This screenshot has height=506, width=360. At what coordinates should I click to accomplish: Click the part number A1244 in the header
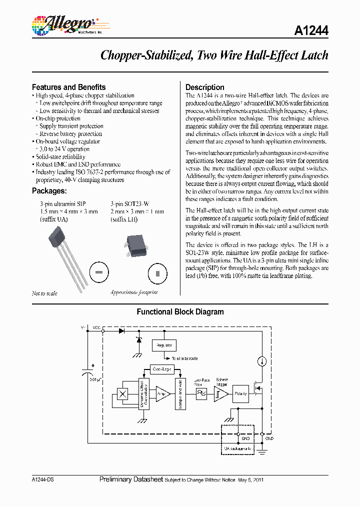tap(311, 30)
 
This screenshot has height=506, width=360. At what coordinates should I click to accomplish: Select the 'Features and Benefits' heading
tap(68, 87)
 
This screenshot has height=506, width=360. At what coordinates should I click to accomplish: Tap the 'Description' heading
tap(205, 87)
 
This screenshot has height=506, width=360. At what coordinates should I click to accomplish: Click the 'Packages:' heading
tap(49, 190)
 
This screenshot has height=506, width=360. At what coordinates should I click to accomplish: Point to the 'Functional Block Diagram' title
tap(180, 312)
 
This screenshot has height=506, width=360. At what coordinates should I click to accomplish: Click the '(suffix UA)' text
tap(53, 219)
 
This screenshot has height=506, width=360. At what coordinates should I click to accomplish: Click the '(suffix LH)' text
tap(124, 219)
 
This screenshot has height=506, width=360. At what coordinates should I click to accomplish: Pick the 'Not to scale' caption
tap(44, 293)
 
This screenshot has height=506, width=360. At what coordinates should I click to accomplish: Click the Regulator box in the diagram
tap(164, 345)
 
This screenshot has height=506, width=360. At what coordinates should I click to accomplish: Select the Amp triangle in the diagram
tap(162, 394)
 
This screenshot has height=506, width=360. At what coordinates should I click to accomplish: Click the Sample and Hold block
tap(179, 394)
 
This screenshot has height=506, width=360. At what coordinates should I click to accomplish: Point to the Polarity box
tap(241, 394)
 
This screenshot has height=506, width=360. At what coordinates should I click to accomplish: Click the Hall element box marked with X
tap(122, 394)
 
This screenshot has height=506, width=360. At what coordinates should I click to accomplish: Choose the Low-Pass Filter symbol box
tap(201, 394)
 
